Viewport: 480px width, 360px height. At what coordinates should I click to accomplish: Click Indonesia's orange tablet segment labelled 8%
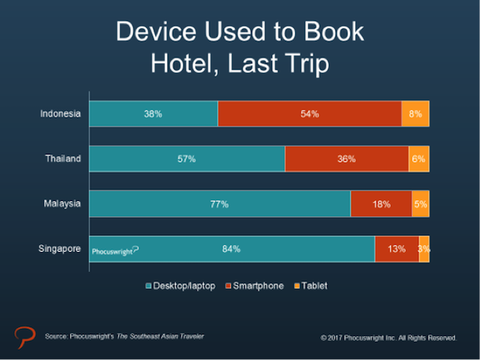(415, 114)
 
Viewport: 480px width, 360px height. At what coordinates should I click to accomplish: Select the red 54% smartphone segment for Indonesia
(310, 114)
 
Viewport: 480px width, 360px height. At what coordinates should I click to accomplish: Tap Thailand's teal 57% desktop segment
(187, 158)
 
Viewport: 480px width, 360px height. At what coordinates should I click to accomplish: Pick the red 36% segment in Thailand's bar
(347, 158)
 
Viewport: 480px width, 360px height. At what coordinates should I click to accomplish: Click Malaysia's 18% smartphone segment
(382, 204)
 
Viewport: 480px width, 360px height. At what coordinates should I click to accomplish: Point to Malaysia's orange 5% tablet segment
(421, 204)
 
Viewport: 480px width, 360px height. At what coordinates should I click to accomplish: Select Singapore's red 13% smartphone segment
(397, 249)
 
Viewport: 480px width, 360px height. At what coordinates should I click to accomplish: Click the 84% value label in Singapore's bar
(231, 249)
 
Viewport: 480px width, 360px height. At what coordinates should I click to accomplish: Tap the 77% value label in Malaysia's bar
(219, 204)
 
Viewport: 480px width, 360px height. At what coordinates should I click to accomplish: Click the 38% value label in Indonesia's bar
(153, 114)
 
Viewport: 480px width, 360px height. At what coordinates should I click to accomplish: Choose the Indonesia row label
(60, 114)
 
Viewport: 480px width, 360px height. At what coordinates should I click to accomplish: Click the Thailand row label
(63, 158)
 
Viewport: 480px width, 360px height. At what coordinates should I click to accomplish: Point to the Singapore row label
(60, 249)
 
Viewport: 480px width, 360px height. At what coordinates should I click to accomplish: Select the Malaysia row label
(62, 204)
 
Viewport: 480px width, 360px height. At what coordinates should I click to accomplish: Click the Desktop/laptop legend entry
(180, 286)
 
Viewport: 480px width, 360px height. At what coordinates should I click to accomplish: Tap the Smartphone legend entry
(254, 286)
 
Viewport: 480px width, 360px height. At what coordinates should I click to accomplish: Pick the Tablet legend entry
(310, 286)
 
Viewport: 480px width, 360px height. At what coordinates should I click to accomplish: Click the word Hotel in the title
(184, 63)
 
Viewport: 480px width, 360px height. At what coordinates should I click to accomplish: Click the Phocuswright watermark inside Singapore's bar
(115, 251)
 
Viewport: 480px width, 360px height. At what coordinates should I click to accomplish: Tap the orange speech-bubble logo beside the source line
(25, 337)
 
